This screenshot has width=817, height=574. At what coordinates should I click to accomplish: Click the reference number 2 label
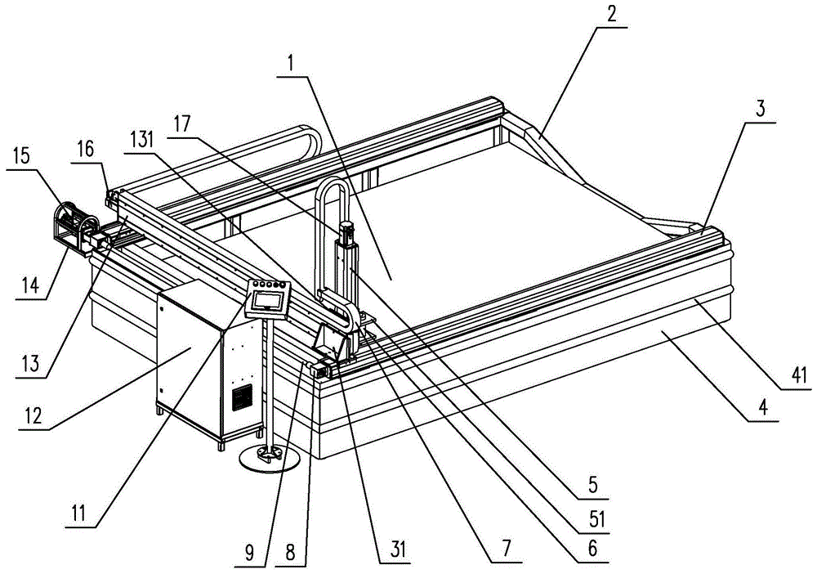tap(610, 14)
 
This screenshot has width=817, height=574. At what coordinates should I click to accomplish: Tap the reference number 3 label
tap(760, 111)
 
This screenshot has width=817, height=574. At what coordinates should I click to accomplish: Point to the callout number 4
tap(761, 408)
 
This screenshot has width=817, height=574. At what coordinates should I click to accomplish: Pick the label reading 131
tap(145, 139)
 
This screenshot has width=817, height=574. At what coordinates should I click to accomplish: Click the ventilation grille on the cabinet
tap(242, 398)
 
